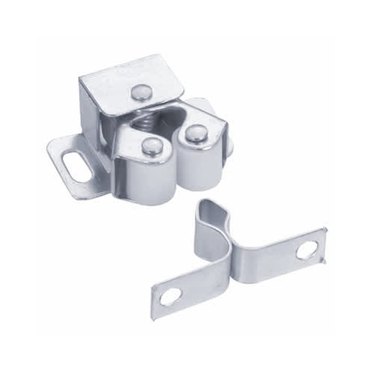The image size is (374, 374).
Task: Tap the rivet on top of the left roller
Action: [x=151, y=147]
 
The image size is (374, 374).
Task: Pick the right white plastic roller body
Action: [x=202, y=166]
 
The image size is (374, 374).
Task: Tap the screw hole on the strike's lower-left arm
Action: [x=171, y=295]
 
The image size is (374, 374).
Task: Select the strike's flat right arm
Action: [x=284, y=254]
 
